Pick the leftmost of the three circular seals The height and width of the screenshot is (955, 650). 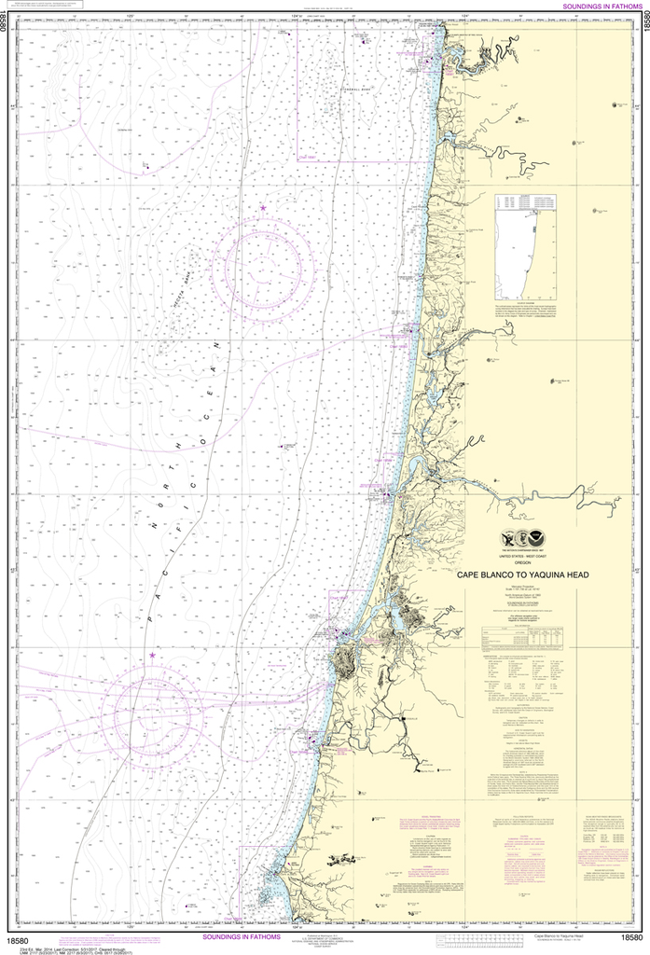pos(507,538)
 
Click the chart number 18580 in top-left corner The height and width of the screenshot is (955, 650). pos(8,21)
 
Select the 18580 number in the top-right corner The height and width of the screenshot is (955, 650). pos(642,21)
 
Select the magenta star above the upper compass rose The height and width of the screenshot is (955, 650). pos(263,207)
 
